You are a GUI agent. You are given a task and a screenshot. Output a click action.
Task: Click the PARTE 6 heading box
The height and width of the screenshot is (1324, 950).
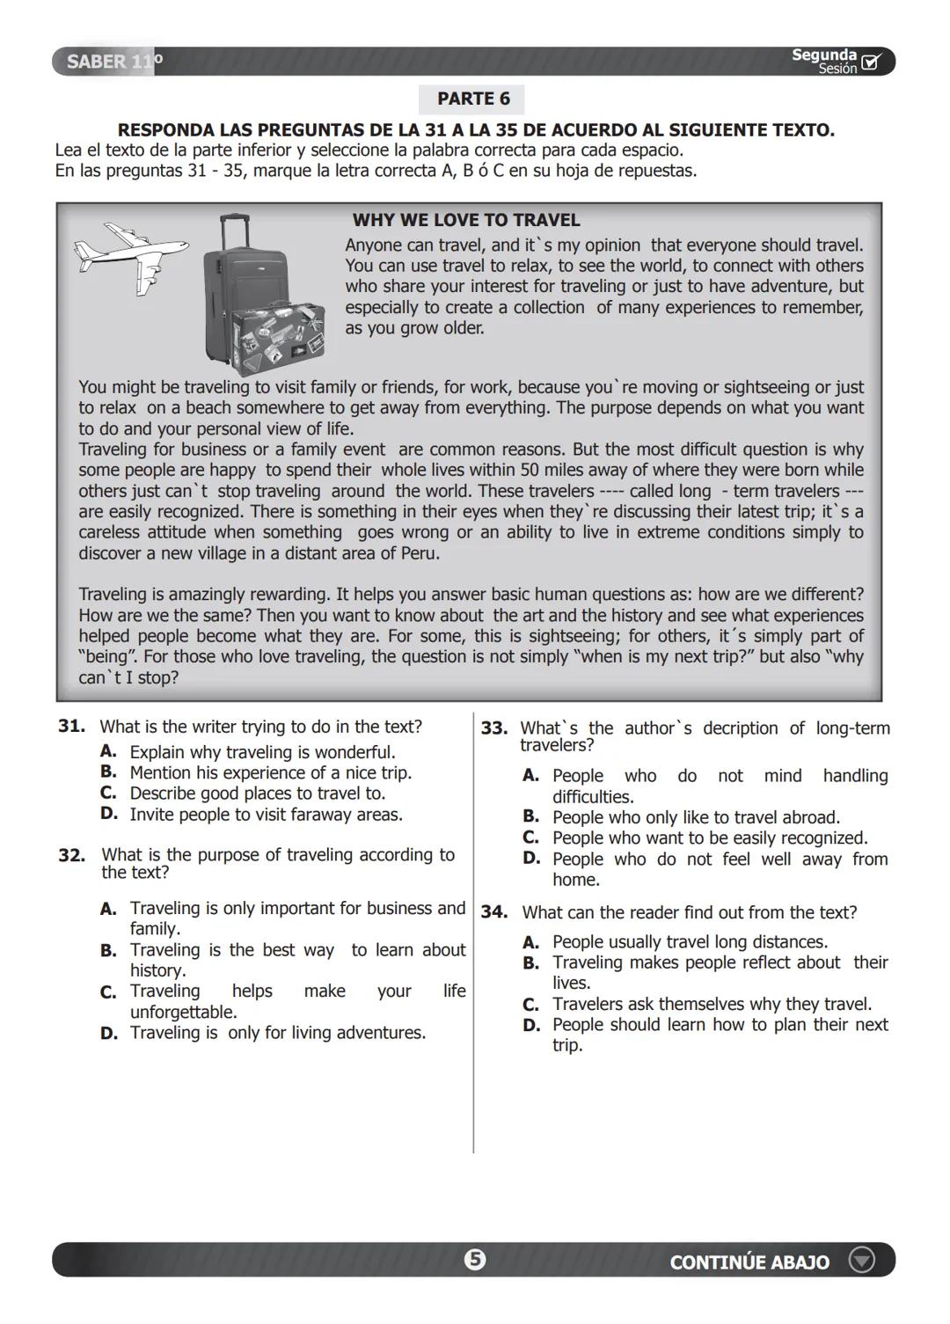click(472, 99)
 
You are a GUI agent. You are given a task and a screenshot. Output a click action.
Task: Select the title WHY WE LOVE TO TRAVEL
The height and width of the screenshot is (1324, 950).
click(466, 220)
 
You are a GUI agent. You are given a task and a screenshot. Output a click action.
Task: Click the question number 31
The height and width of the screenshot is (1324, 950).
click(71, 727)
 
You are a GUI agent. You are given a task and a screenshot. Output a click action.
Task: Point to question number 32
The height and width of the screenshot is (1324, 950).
click(71, 855)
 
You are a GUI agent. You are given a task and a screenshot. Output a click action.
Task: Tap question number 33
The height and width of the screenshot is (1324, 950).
click(493, 728)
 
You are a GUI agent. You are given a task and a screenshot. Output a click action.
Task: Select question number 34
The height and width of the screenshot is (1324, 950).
click(493, 913)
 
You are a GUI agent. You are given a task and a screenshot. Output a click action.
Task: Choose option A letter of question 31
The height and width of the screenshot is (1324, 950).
click(108, 752)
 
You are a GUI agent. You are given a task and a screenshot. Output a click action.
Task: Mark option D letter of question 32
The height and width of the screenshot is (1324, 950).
click(108, 1034)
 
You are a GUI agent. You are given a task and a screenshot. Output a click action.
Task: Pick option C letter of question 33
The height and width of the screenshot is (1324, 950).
click(530, 838)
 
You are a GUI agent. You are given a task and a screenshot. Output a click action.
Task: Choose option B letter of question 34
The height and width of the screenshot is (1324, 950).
click(530, 963)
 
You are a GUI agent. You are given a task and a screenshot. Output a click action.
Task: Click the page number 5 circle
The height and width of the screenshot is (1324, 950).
click(475, 1260)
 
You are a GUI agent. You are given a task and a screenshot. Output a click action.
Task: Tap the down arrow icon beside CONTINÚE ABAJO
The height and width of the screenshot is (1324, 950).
click(861, 1261)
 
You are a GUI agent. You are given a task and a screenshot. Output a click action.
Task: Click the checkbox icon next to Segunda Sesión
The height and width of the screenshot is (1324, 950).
click(871, 62)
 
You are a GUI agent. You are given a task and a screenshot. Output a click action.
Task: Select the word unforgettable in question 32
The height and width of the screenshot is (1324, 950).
click(183, 1013)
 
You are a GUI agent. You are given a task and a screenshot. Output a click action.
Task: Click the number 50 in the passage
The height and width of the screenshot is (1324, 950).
click(529, 470)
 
